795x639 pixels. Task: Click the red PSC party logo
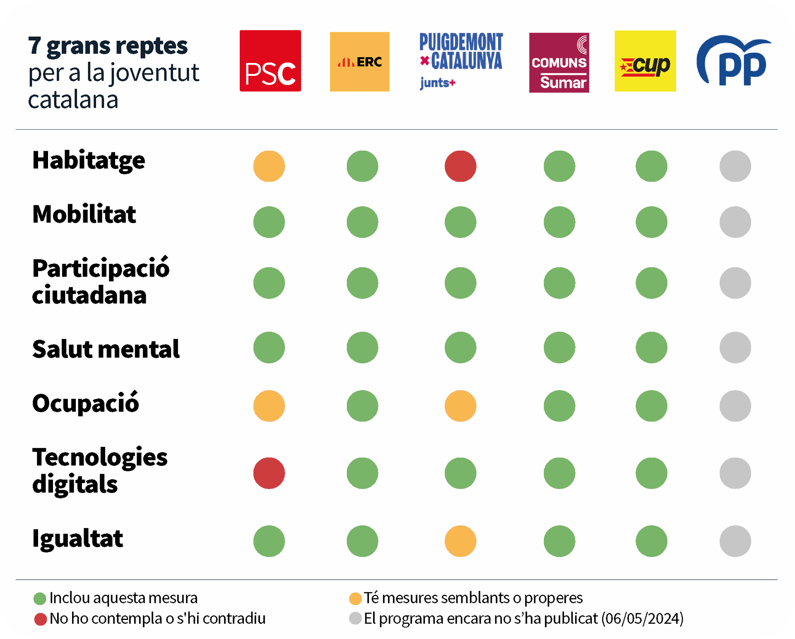click(x=270, y=61)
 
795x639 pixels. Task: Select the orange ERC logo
click(x=359, y=62)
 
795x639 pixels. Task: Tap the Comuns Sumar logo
click(x=559, y=63)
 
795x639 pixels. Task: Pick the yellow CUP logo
click(x=645, y=61)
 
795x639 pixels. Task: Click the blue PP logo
click(x=733, y=61)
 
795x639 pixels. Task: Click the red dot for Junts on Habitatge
click(x=460, y=166)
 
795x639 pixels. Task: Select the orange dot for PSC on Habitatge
click(x=269, y=166)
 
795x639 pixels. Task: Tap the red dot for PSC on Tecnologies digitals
click(x=269, y=473)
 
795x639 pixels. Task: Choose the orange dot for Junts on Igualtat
click(x=460, y=541)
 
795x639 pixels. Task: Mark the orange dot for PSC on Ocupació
click(x=269, y=406)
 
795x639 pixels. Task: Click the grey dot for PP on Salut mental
click(x=735, y=347)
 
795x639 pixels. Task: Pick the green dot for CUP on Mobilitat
click(x=651, y=222)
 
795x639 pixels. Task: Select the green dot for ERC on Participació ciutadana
click(x=362, y=283)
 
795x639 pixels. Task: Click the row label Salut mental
click(x=106, y=349)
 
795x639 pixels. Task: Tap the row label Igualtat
click(x=78, y=539)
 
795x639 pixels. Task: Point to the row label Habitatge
click(x=89, y=161)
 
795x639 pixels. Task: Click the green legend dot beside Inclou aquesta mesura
click(x=40, y=598)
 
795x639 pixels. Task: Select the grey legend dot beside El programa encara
click(x=355, y=618)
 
